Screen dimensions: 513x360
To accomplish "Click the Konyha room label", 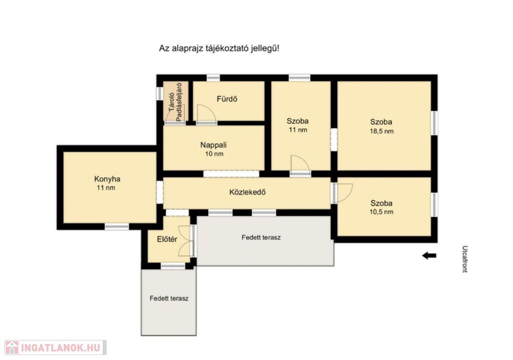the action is click(x=107, y=179).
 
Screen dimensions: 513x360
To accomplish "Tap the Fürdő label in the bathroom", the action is click(x=227, y=99).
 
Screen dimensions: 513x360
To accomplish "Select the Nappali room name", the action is click(x=213, y=145).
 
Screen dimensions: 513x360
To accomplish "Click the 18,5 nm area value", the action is click(x=381, y=132).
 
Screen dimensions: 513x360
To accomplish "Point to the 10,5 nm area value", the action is click(x=381, y=212).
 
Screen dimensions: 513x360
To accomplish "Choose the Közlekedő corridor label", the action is click(x=247, y=192).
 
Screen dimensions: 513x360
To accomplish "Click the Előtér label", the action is click(x=167, y=239).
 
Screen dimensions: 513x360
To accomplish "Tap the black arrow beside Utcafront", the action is click(x=429, y=256).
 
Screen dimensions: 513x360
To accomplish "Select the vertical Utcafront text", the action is click(x=464, y=259).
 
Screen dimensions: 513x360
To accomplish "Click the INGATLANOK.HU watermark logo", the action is click(x=56, y=347).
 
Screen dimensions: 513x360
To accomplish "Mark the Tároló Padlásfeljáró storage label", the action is click(x=175, y=102).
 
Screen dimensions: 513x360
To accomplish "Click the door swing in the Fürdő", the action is click(x=206, y=114).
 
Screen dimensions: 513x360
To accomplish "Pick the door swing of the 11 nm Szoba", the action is click(x=300, y=164).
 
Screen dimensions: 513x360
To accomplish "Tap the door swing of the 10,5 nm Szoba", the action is click(x=344, y=193).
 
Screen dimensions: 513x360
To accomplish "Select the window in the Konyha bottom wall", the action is click(x=117, y=226).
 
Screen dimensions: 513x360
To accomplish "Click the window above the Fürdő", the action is click(x=213, y=78).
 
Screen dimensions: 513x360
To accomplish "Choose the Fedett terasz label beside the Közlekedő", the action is click(x=261, y=237).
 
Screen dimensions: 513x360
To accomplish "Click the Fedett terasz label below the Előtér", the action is click(x=169, y=298).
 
